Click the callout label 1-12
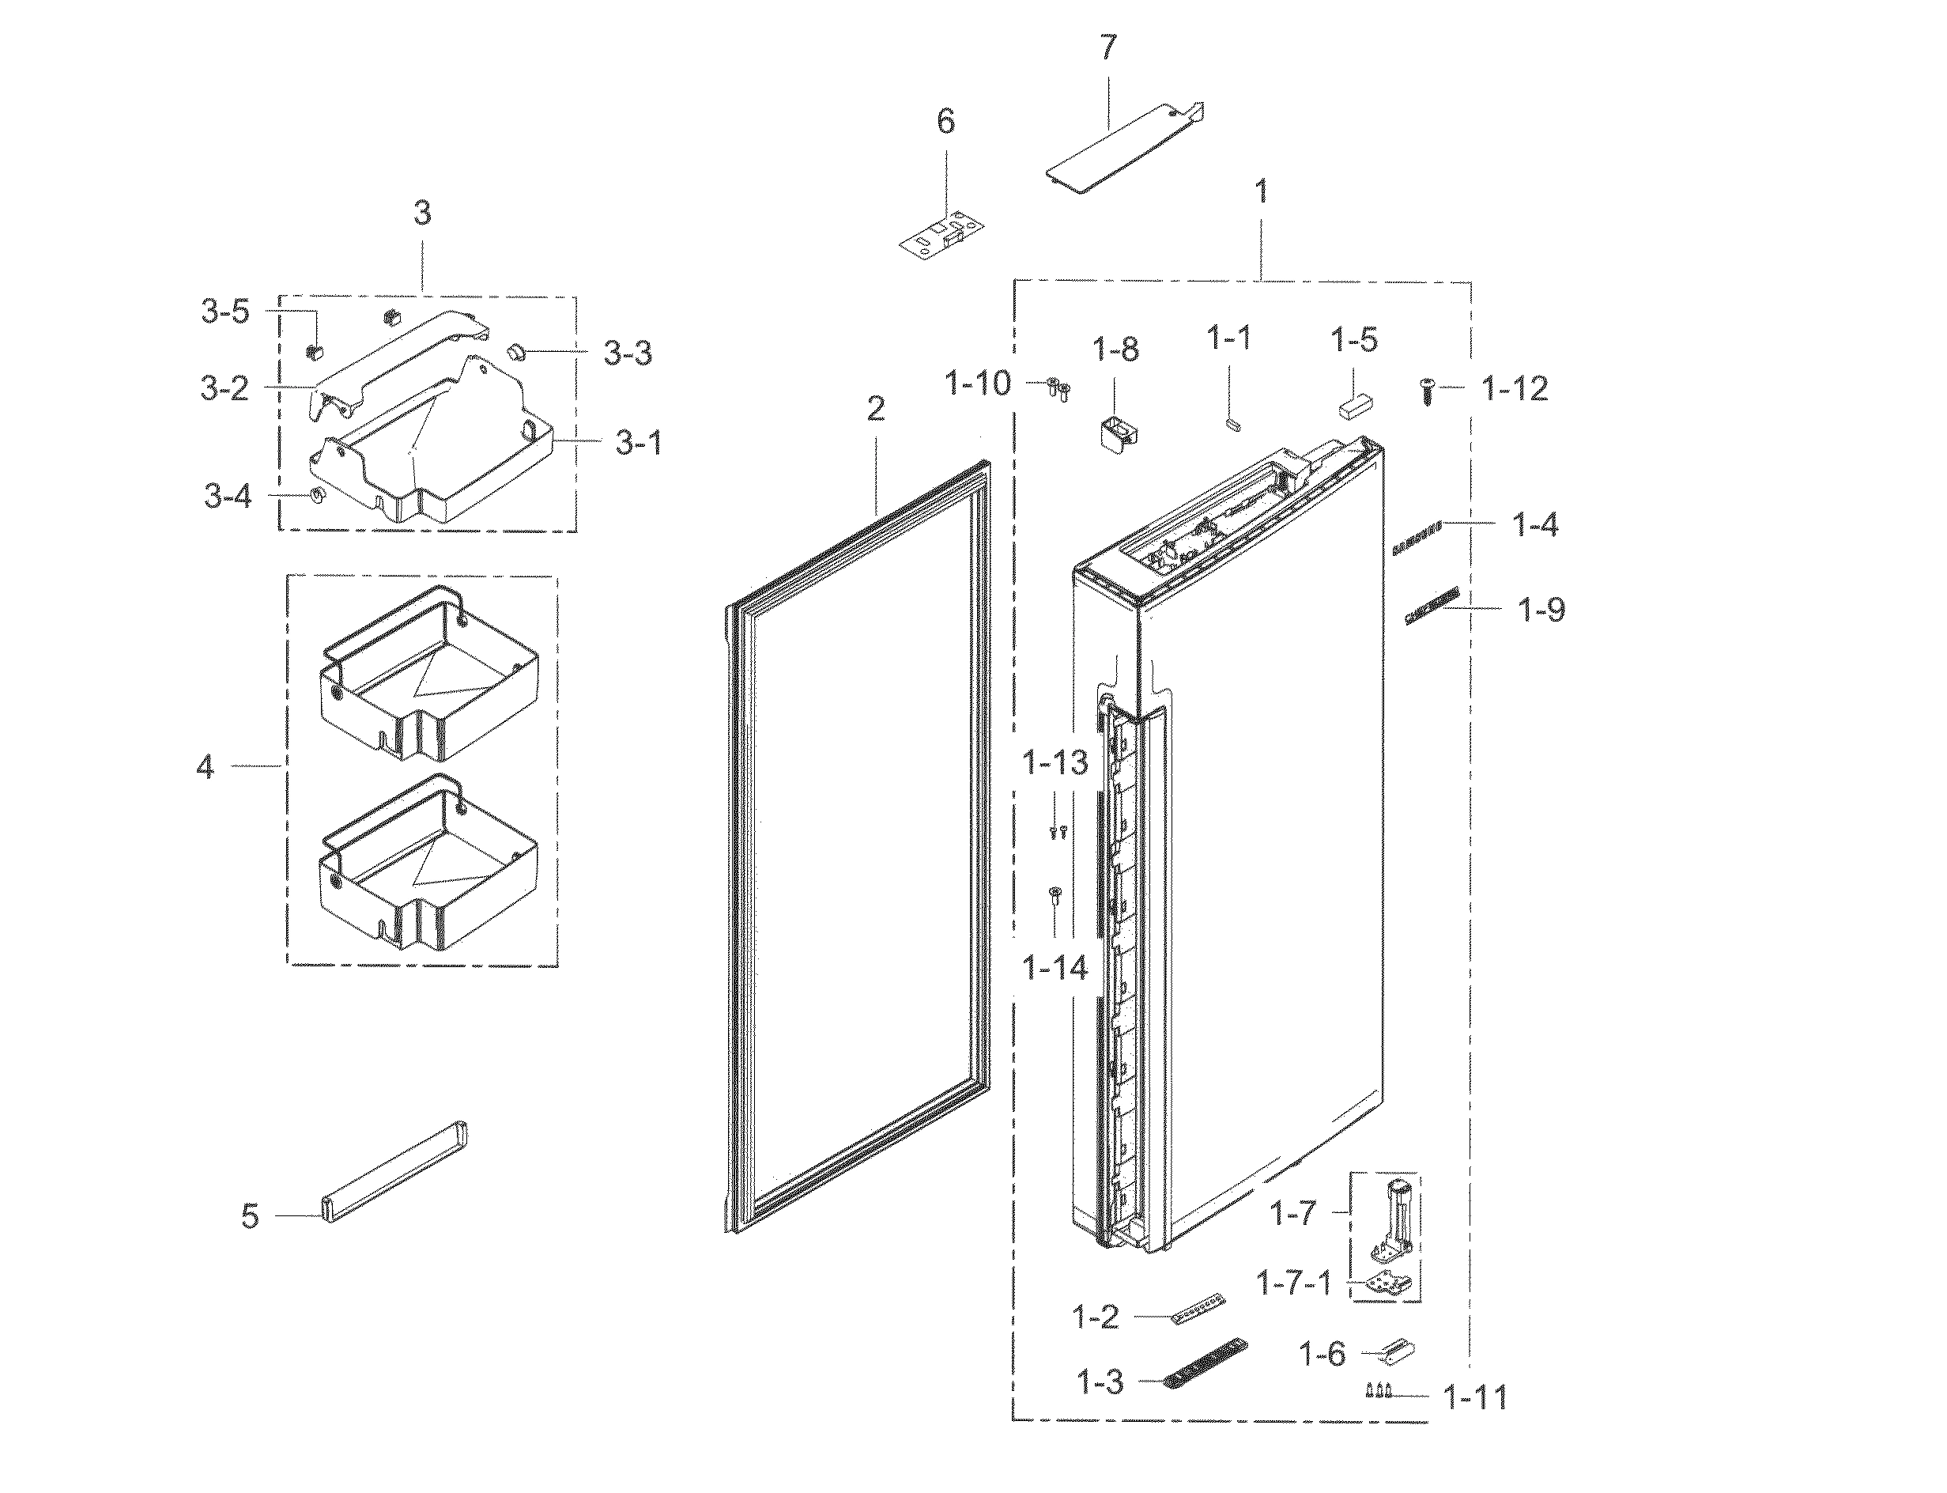[x=1515, y=388]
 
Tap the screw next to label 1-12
[x=1428, y=391]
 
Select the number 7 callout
[x=1107, y=48]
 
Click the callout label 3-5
[x=225, y=312]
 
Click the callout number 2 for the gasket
[x=876, y=409]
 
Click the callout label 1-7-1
[x=1293, y=1283]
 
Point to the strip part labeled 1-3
[x=1206, y=1363]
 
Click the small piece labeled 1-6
[x=1397, y=1352]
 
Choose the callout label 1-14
[x=1055, y=968]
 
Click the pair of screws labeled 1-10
[x=1058, y=387]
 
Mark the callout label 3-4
[x=228, y=496]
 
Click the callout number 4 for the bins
[x=206, y=766]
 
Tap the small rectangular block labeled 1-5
[x=1356, y=407]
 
